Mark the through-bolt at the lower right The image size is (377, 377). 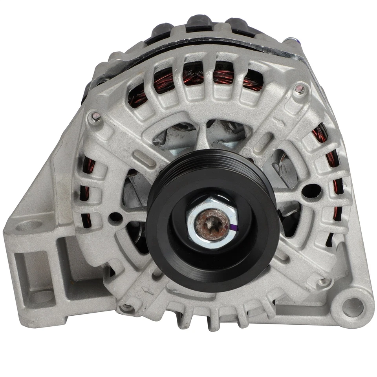click(323, 281)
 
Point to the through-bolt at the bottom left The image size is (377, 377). click(125, 307)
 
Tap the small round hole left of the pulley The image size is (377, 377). click(115, 216)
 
